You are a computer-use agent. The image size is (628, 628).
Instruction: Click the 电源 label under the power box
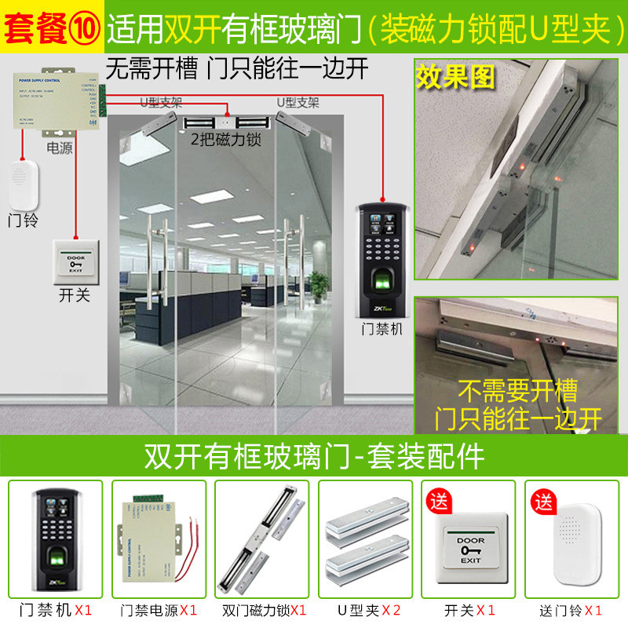[x=59, y=147]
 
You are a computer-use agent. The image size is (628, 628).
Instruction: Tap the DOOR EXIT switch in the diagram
[x=75, y=261]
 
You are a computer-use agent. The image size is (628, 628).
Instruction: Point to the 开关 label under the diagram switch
[x=75, y=295]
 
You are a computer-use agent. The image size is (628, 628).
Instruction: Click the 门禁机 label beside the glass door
[x=383, y=329]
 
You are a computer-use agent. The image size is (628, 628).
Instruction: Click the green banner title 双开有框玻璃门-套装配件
[x=314, y=455]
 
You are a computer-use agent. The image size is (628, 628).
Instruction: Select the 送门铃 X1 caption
[x=571, y=609]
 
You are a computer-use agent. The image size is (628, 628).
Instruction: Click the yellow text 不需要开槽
[x=517, y=390]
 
